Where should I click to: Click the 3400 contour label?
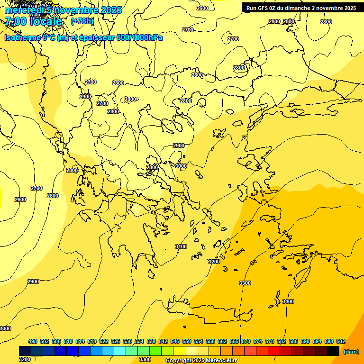[x=288, y=301]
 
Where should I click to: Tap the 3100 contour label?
[x=181, y=246]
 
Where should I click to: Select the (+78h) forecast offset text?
[x=82, y=21]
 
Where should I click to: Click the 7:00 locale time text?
[x=33, y=21]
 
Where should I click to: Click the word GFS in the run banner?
[x=264, y=8]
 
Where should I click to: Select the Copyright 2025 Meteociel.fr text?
[x=201, y=361]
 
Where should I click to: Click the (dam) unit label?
[x=351, y=351]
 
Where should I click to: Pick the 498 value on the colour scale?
[x=33, y=341]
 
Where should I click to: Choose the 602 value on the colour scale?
[x=341, y=341]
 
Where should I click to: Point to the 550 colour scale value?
[x=187, y=341]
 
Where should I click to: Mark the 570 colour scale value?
[x=246, y=341]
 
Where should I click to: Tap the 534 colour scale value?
[x=139, y=341]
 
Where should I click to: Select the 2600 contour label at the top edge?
[x=202, y=8]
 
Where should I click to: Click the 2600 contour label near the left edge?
[x=20, y=200]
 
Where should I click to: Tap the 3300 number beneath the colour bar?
[x=145, y=359]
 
